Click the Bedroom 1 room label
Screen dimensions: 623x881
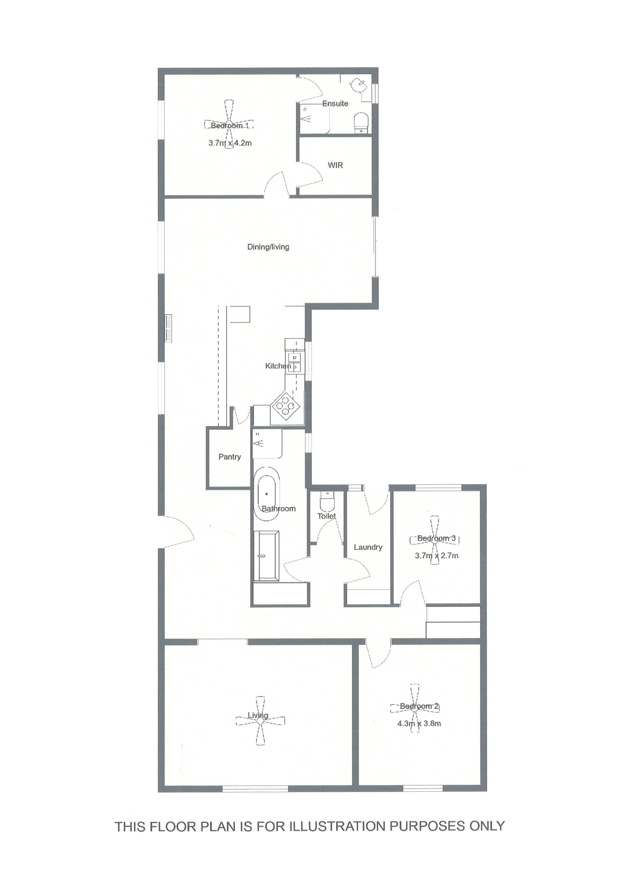pos(230,125)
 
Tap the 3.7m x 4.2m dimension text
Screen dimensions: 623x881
pos(230,143)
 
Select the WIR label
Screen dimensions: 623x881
pos(335,165)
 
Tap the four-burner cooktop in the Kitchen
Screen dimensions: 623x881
pos(285,406)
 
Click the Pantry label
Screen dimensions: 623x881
pos(230,457)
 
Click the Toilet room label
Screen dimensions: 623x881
pos(327,516)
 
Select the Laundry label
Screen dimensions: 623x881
pos(368,547)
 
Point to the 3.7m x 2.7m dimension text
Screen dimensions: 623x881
pos(437,556)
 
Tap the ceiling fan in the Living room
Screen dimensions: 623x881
pos(260,722)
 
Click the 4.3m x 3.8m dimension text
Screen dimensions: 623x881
pos(419,724)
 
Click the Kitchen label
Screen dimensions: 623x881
pos(278,366)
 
